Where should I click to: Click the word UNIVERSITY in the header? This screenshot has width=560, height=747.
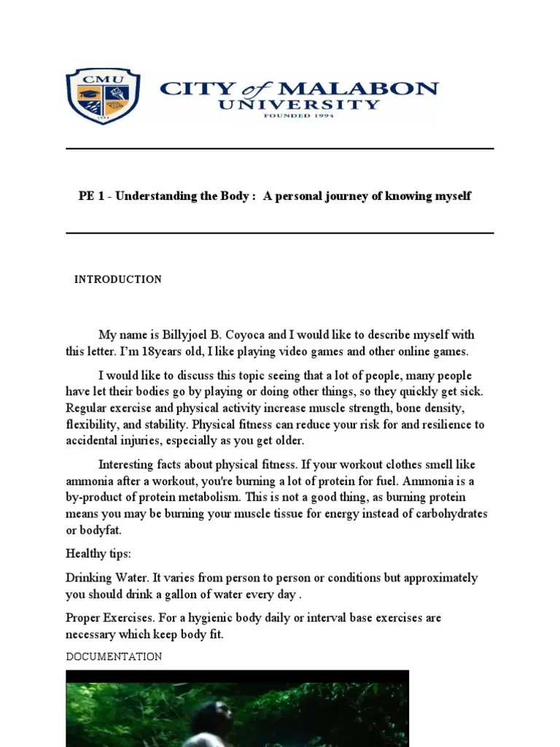tap(299, 104)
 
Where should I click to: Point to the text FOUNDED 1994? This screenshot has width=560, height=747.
tap(299, 116)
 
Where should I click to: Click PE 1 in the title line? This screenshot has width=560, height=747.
tap(91, 196)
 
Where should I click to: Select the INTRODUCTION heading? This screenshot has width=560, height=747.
tap(118, 279)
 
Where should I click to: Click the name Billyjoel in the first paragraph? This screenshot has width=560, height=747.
tap(184, 335)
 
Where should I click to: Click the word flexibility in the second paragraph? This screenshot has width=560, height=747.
tap(90, 425)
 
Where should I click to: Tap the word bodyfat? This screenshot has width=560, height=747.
tap(101, 530)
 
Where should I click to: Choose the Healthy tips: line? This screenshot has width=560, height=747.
tap(98, 554)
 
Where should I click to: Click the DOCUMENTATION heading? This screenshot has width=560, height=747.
tap(114, 657)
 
